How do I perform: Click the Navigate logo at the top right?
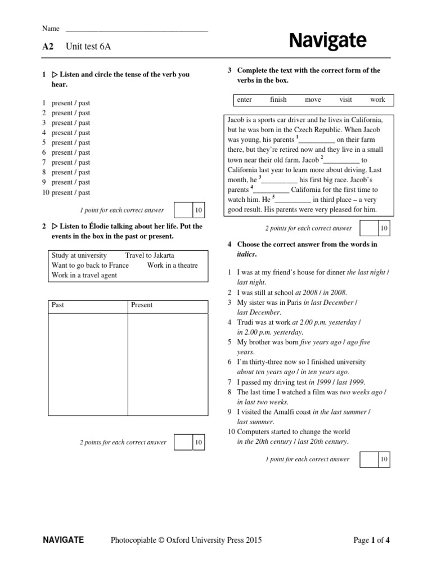327,40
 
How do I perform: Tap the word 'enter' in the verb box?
245,100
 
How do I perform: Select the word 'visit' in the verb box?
345,100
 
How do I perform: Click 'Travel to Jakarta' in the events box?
150,255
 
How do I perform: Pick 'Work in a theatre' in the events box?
173,265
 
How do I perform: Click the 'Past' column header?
58,305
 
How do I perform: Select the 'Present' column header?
142,305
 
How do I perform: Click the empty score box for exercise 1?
183,210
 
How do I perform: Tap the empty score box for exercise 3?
368,228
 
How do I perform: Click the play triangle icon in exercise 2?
55,226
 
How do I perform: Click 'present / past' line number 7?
70,163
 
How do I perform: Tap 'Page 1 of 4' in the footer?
371,541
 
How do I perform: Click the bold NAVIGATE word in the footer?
64,541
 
